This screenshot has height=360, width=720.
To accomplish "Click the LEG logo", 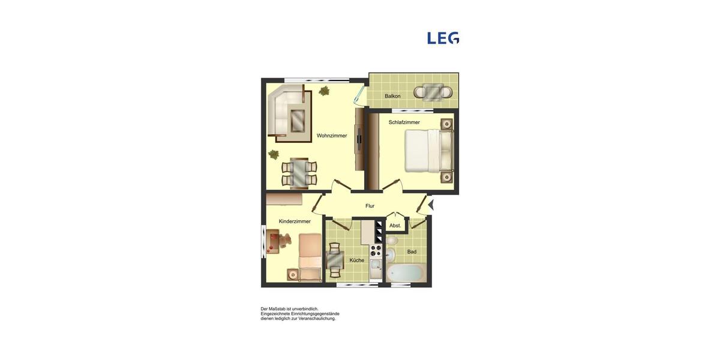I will tap(443, 38).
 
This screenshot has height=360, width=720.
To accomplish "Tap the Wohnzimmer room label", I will tap(332, 136).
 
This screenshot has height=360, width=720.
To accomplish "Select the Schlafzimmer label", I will tap(404, 122).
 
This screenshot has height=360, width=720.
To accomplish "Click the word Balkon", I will tap(392, 96).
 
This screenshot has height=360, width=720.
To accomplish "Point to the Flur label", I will tap(370, 206).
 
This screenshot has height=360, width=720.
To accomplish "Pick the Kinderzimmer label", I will tap(295, 221).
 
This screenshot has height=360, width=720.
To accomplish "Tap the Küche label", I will tap(356, 260).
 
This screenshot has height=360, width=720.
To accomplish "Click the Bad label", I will tap(412, 252).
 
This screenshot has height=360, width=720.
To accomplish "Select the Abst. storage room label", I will tap(395, 226).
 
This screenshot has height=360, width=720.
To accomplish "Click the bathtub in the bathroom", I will tap(407, 273).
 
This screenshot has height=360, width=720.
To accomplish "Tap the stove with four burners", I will tap(376, 250).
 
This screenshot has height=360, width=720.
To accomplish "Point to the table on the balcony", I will tap(433, 92).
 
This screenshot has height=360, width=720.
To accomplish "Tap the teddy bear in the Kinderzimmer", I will tap(285, 241).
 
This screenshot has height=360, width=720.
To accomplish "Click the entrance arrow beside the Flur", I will tap(430, 205).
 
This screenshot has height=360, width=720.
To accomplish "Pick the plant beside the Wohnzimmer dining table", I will tap(274, 154).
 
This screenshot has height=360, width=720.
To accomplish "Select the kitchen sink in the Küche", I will tap(376, 264).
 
